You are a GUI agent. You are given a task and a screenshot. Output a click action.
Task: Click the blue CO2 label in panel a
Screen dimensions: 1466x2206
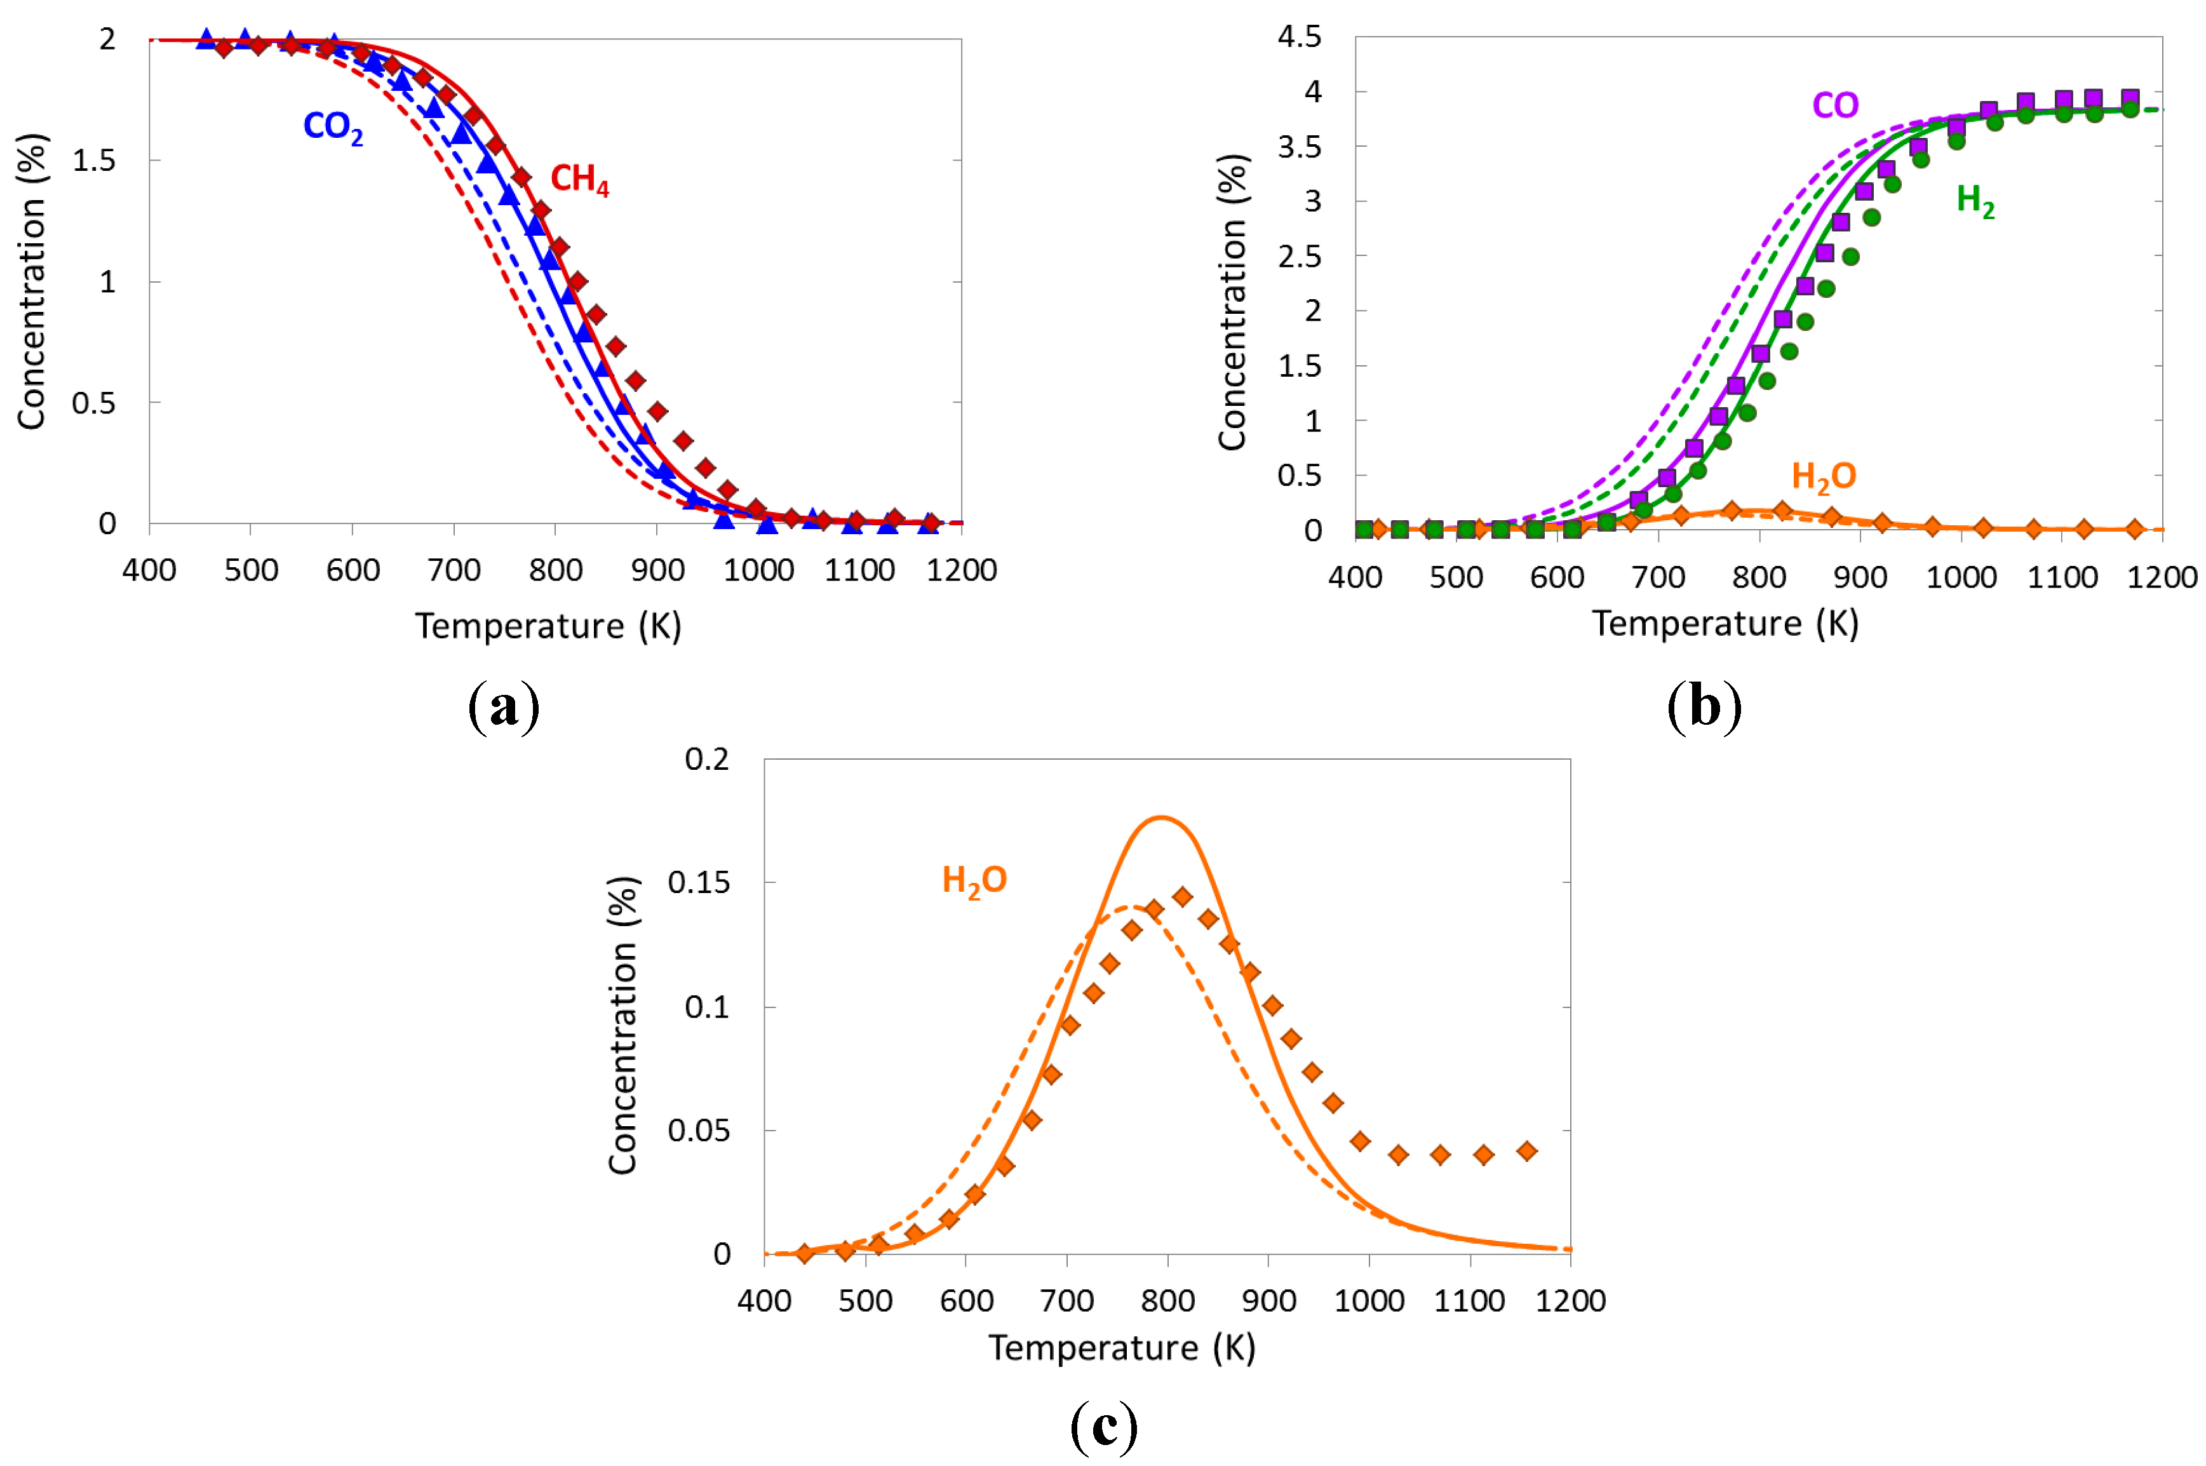pos(333,127)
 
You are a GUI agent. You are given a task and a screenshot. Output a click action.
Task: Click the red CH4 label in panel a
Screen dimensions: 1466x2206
pos(579,178)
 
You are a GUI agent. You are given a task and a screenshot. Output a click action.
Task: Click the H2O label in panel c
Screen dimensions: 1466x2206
pos(973,881)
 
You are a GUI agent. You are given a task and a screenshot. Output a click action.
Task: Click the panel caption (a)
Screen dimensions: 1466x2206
pos(504,708)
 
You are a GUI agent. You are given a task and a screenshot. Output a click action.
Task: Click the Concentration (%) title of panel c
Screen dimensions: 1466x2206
pos(622,1026)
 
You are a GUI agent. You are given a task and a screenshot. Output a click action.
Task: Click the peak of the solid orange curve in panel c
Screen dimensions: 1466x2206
pos(1160,818)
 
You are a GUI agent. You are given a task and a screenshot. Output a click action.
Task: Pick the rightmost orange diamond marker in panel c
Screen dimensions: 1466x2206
pos(1526,1151)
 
